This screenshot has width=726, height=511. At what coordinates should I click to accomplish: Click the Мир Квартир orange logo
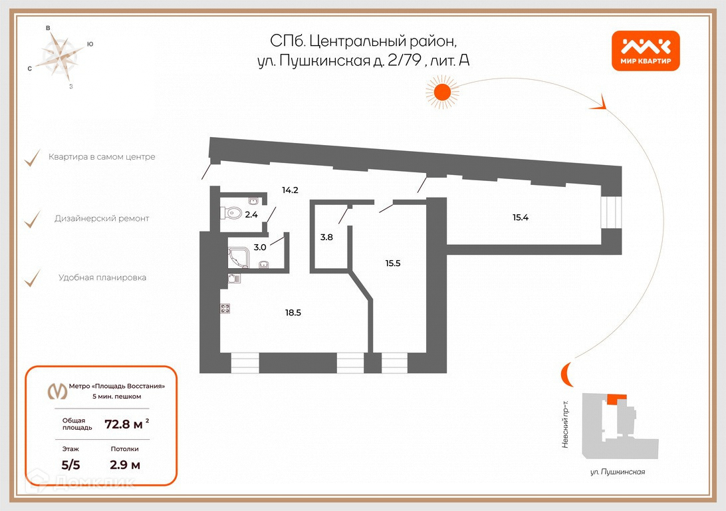(x=645, y=51)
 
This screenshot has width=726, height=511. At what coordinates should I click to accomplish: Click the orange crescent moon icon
(x=565, y=375)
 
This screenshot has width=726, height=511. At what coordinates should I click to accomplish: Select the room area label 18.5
(x=293, y=312)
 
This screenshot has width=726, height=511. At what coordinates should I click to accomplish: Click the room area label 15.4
(x=525, y=218)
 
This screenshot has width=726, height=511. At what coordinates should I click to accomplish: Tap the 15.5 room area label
(x=393, y=263)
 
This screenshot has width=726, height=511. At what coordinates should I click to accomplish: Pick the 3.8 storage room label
(x=326, y=236)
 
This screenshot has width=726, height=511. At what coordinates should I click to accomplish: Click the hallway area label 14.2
(x=290, y=190)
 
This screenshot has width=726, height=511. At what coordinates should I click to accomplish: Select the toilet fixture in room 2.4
(x=233, y=214)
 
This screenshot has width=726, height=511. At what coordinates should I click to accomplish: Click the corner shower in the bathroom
(x=237, y=257)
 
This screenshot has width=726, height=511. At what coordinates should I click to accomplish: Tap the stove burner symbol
(x=225, y=308)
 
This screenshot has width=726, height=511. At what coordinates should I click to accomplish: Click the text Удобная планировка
(x=102, y=277)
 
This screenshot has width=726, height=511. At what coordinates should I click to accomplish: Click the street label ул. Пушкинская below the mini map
(x=618, y=472)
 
